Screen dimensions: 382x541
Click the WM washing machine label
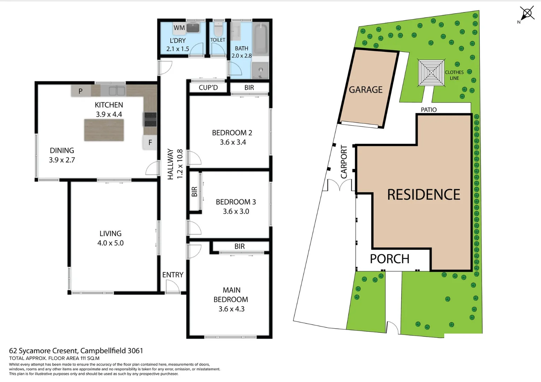coord(179,28)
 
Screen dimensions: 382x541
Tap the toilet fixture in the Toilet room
coord(218,29)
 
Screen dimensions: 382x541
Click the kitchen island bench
coord(104,130)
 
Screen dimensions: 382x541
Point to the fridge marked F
coord(150,143)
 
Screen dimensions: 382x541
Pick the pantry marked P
coord(81,91)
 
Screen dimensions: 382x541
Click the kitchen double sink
coord(117,91)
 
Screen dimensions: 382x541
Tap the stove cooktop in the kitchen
coord(150,119)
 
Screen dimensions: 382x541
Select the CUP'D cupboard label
coord(208,87)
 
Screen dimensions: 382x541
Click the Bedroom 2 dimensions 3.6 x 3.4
coord(233,142)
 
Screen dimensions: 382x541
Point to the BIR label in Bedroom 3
coord(195,192)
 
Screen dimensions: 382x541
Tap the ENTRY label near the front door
coord(173,275)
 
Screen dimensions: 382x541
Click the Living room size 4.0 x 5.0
coord(110,243)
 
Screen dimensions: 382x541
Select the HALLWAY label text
coord(171,164)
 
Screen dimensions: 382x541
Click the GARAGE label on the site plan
coord(365,90)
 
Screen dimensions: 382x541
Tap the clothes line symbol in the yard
coord(431,73)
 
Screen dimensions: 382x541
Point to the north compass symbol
coord(527,14)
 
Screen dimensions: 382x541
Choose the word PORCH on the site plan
coord(390,259)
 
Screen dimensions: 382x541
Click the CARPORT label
coord(344,162)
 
